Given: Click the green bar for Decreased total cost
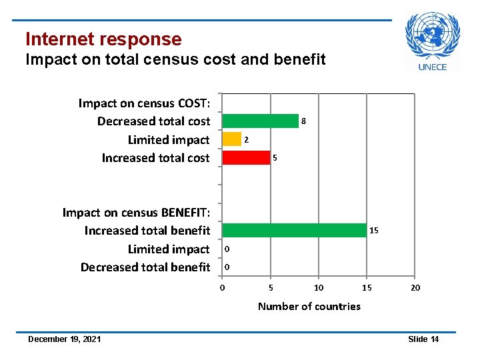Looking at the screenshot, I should pyautogui.click(x=260, y=121).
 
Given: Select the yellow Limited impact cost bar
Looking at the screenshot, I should pyautogui.click(x=231, y=139).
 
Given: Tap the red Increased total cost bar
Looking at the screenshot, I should pyautogui.click(x=245, y=158).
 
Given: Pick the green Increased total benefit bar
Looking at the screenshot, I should pyautogui.click(x=294, y=230).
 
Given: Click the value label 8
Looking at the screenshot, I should pyautogui.click(x=303, y=121).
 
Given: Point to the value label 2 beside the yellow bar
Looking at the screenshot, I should pyautogui.click(x=246, y=140).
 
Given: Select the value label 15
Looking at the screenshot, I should pyautogui.click(x=374, y=231).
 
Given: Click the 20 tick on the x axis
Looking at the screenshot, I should pyautogui.click(x=415, y=287).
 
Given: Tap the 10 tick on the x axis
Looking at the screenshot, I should pyautogui.click(x=319, y=287).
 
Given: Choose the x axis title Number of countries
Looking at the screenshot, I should pyautogui.click(x=309, y=307).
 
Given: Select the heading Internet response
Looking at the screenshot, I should pyautogui.click(x=103, y=39).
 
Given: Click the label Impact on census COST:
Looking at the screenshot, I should pyautogui.click(x=144, y=103).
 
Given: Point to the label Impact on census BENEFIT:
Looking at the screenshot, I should pyautogui.click(x=136, y=213).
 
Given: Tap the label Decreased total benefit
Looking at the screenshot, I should pyautogui.click(x=145, y=267).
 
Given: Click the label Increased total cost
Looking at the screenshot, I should pyautogui.click(x=155, y=158).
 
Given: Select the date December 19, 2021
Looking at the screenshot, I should pyautogui.click(x=65, y=339).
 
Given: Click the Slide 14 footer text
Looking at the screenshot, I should pyautogui.click(x=423, y=339).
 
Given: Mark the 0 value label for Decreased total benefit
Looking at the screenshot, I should pyautogui.click(x=227, y=267).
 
